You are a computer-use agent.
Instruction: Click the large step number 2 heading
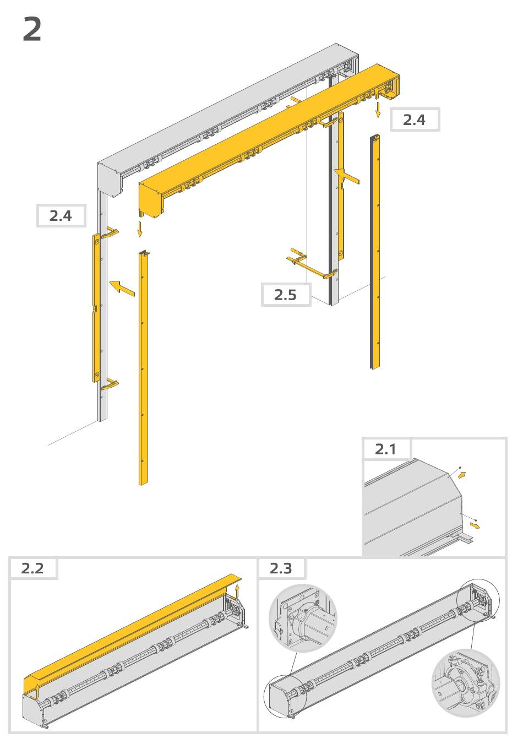[x=32, y=30]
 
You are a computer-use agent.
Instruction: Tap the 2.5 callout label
[x=285, y=295]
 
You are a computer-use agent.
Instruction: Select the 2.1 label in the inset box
[x=385, y=449]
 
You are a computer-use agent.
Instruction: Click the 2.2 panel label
[x=32, y=568]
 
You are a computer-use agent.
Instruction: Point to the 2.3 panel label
[x=281, y=568]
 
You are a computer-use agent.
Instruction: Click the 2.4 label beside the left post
[x=61, y=216]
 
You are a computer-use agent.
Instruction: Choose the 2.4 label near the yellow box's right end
[x=415, y=120]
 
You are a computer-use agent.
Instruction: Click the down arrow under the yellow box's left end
[x=140, y=229]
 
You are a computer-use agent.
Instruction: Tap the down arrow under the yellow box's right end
[x=378, y=110]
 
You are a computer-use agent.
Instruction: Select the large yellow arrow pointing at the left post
[x=122, y=289]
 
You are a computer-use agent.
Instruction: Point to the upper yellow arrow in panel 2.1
[x=462, y=475]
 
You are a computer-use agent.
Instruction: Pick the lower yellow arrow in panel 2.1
[x=475, y=525]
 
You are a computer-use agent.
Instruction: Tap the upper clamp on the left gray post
[x=110, y=233]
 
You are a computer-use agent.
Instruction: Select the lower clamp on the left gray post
[x=110, y=384]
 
